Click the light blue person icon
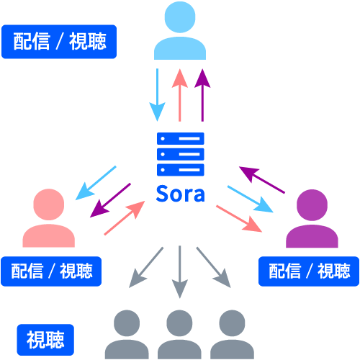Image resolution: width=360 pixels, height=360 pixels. pos(180,32)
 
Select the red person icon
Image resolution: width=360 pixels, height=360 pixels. pos(48,220)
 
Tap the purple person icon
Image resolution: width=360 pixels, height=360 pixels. pos(311,220)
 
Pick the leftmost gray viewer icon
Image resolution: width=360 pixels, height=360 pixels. pos(127,335)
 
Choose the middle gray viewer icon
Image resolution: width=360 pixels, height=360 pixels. pos(179,335)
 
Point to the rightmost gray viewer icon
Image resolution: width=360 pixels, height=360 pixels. pos(232,335)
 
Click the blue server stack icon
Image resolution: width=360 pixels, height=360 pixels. pos(181,154)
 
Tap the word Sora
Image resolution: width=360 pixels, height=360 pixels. pos(181,194)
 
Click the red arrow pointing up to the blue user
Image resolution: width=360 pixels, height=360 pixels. pos(180,94)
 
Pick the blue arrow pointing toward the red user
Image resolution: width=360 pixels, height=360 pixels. pos(96,181)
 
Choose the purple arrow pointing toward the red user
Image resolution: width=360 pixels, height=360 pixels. pos(109,199)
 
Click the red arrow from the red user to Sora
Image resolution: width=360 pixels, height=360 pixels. pos(124,218)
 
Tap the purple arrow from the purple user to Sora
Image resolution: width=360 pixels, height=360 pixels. pos(263,181)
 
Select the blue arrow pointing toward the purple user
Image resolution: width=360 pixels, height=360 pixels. pos(250,199)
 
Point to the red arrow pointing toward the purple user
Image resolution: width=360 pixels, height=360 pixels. pos(238,218)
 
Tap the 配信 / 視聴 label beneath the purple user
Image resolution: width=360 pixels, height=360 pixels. pos(309,271)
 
